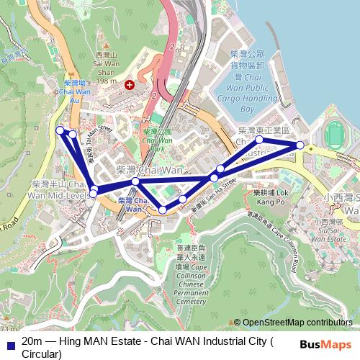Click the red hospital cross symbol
(x=130, y=84)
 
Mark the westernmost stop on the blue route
(x=60, y=130)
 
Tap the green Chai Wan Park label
(x=157, y=137)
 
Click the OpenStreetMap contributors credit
(x=296, y=322)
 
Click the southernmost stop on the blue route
(x=163, y=210)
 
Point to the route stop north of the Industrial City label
(x=259, y=139)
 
